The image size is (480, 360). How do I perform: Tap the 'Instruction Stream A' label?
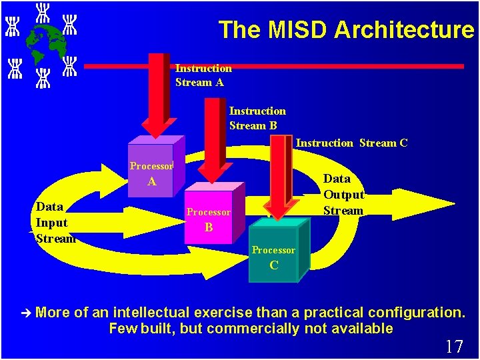tap(203, 75)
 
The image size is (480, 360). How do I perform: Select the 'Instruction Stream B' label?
tap(257, 118)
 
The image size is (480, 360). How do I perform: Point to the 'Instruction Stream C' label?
tap(351, 143)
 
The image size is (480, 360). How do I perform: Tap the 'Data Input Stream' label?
tap(55, 223)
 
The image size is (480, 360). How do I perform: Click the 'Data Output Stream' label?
tap(343, 195)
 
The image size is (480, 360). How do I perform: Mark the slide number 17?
tap(454, 347)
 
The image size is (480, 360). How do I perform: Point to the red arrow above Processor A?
tap(157, 97)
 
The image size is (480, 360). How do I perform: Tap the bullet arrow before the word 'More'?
tap(26, 312)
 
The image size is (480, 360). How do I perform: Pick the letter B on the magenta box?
tap(209, 227)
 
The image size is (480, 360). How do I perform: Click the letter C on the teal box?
tap(273, 265)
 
